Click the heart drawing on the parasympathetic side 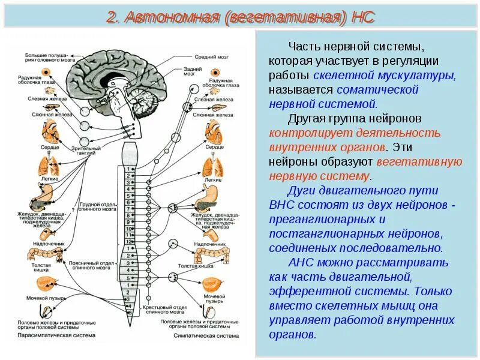click(50, 131)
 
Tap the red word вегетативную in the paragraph click(419, 161)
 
